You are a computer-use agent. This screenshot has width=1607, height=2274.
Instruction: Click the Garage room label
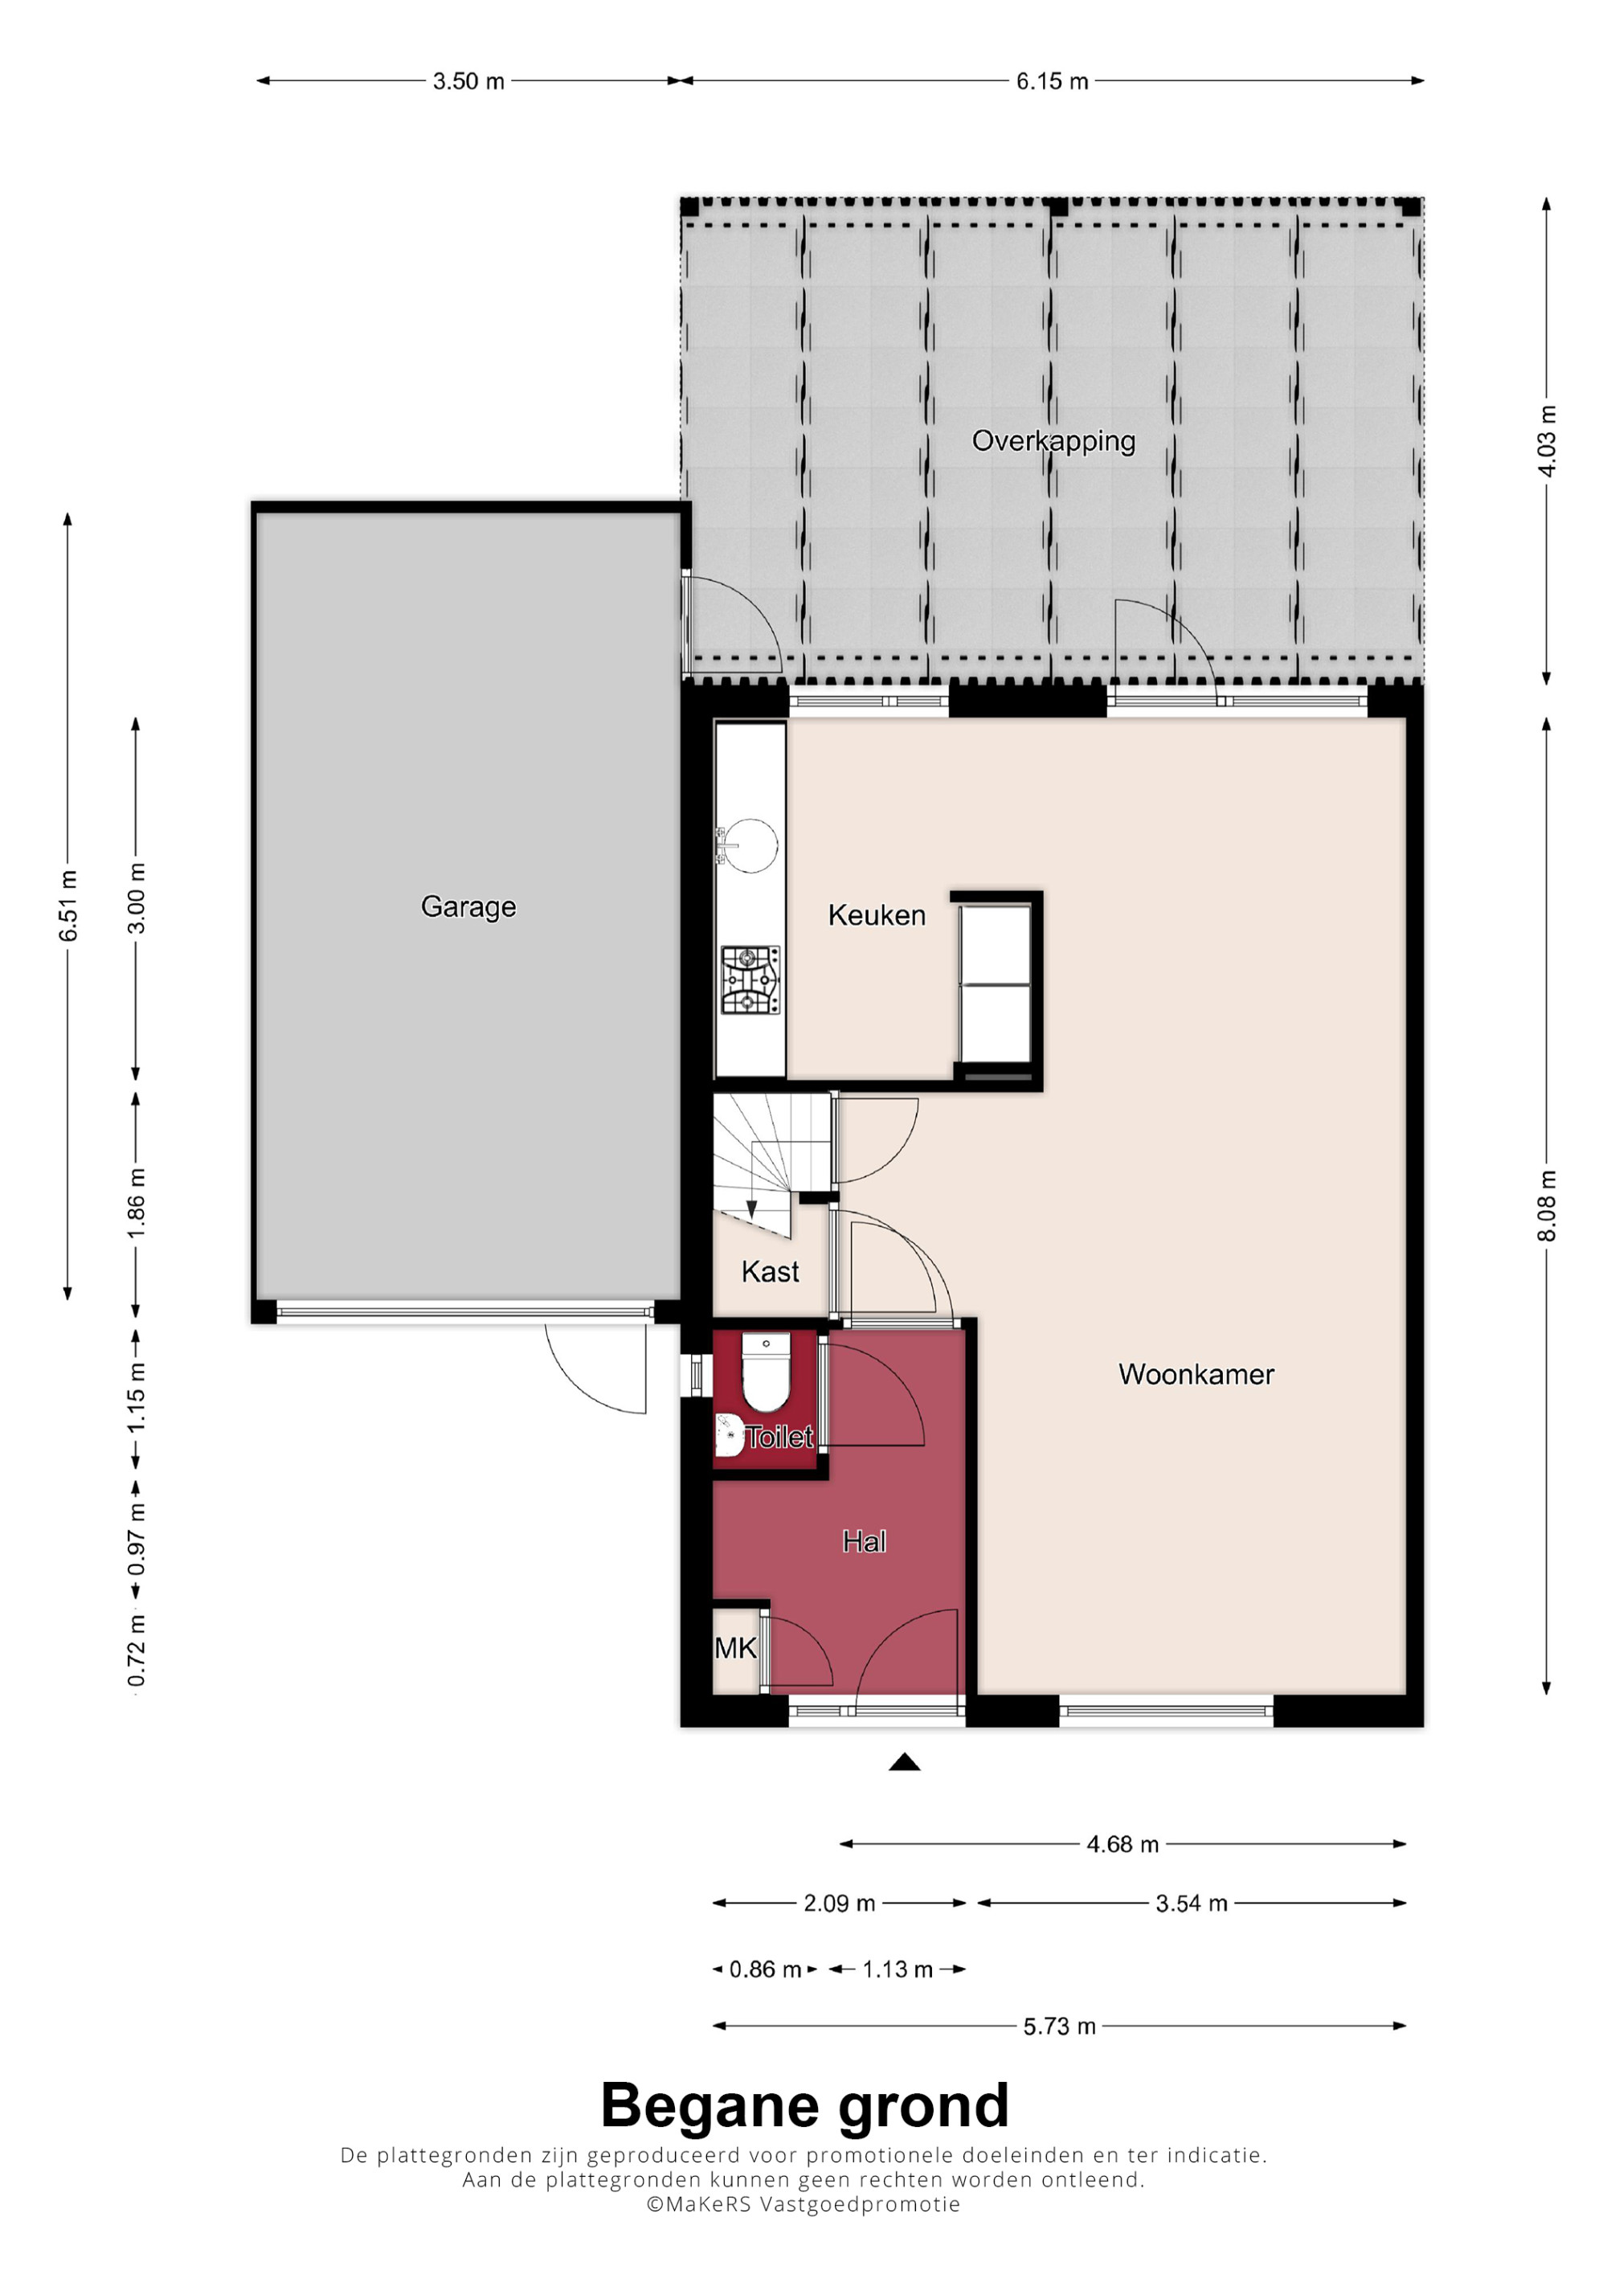(468, 907)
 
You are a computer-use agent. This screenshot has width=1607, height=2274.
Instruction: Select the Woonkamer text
(1196, 1374)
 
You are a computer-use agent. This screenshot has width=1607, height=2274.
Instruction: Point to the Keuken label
(877, 915)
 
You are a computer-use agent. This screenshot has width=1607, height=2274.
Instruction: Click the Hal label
(864, 1541)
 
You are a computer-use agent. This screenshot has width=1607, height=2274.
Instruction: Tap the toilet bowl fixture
(766, 1372)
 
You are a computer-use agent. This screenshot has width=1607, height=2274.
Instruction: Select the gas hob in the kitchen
(750, 980)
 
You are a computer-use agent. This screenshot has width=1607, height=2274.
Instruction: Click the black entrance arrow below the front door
(904, 1762)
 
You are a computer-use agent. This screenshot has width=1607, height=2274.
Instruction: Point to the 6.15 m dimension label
(1052, 81)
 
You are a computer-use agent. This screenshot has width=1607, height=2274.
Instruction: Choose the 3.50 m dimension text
(468, 81)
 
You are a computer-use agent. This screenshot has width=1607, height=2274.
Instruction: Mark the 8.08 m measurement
(1547, 1205)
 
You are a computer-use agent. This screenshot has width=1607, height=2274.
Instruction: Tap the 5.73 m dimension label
(1060, 2027)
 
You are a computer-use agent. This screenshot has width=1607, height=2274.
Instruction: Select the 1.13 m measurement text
(897, 1969)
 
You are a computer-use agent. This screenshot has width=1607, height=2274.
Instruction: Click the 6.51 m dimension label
(67, 906)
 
